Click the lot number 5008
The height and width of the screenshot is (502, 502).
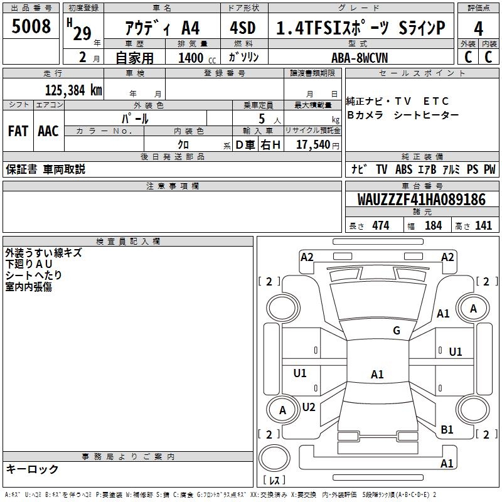tap(31, 26)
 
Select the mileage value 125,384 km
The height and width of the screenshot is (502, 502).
tap(73, 90)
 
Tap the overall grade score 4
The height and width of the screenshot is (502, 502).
tap(478, 29)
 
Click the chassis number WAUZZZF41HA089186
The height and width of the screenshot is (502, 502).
tap(421, 199)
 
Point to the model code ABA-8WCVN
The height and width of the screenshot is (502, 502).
tap(360, 58)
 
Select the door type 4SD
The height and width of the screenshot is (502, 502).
tap(243, 28)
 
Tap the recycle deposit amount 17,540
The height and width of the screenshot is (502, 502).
tap(313, 144)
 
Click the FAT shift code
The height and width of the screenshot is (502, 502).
tap(18, 131)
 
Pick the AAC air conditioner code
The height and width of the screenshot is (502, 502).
tap(48, 131)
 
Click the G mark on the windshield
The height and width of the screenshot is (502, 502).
tap(397, 330)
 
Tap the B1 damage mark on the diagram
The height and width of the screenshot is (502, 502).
tap(447, 429)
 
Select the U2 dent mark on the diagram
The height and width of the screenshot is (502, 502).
tap(309, 407)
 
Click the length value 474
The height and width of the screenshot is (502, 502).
tap(381, 225)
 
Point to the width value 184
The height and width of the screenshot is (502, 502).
tap(433, 225)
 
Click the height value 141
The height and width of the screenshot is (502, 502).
tap(483, 225)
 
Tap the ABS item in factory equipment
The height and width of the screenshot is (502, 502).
tap(403, 169)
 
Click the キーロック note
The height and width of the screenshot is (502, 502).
tap(32, 469)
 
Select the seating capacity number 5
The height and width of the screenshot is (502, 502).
tap(262, 119)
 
